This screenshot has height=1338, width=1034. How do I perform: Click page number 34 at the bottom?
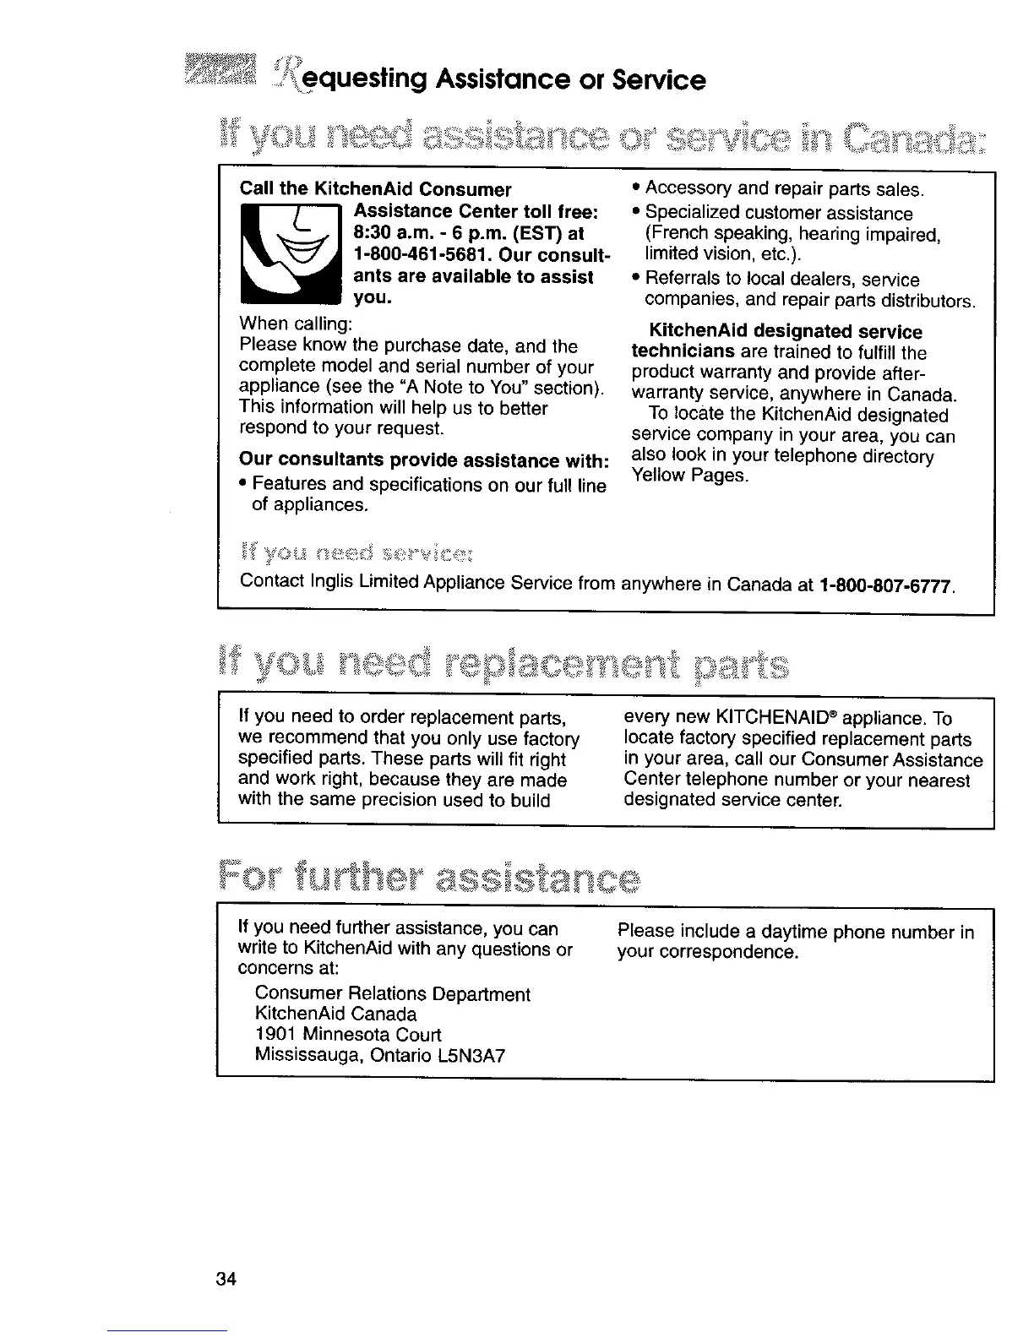pyautogui.click(x=225, y=1278)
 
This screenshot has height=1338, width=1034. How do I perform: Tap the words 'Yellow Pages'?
pyautogui.click(x=689, y=476)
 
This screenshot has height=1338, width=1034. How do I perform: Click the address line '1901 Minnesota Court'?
pyautogui.click(x=347, y=1035)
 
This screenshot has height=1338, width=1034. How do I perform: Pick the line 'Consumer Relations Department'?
pyautogui.click(x=392, y=993)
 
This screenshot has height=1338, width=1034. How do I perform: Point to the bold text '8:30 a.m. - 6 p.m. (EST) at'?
pyautogui.click(x=469, y=233)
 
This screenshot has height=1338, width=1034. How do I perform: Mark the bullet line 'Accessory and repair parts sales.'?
pyautogui.click(x=785, y=188)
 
